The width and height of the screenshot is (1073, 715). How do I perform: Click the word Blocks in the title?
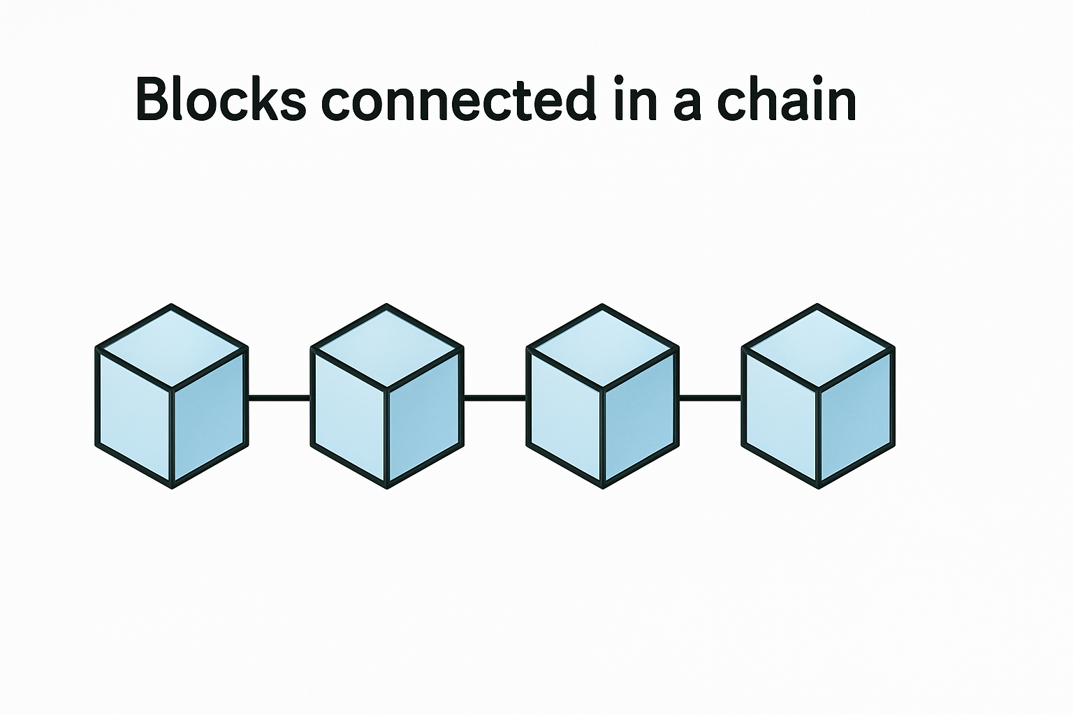(x=221, y=101)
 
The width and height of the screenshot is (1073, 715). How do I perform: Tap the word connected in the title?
(x=458, y=101)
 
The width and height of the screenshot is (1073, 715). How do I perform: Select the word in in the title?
(x=636, y=101)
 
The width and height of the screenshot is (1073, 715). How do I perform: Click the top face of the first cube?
(x=172, y=347)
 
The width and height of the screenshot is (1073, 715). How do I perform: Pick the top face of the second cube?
(x=387, y=347)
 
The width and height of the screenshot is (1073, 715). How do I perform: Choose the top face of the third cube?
(x=602, y=347)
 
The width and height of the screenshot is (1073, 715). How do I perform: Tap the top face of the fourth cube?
(x=818, y=347)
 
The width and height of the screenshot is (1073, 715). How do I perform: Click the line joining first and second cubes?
(x=279, y=398)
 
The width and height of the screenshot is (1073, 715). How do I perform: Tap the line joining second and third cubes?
(x=495, y=398)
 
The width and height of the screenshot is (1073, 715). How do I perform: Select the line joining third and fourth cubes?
(x=710, y=398)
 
